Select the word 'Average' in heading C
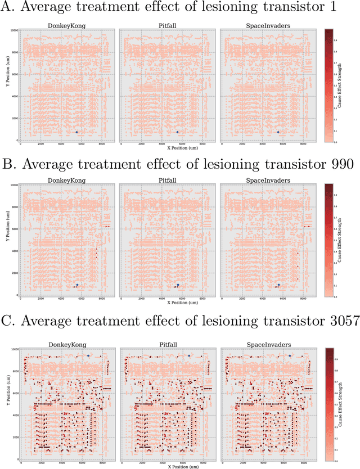pos(58,321)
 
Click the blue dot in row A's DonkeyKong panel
pos(77,132)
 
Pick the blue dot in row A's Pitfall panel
pos(177,132)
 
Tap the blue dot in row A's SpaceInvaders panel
pos(278,132)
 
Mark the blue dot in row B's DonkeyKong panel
pos(77,285)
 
